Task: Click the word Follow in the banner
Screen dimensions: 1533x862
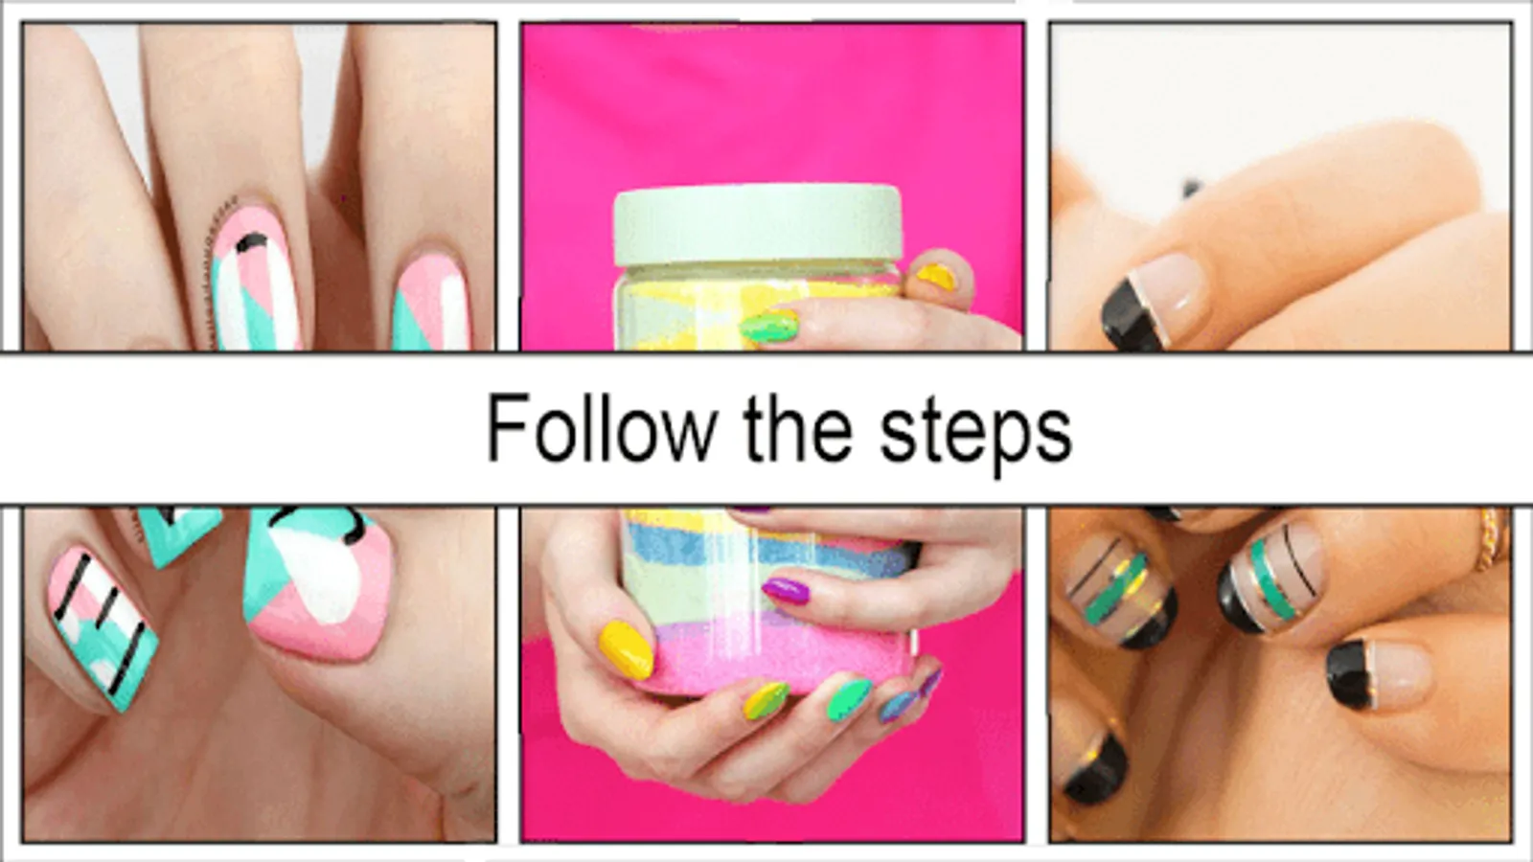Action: click(603, 429)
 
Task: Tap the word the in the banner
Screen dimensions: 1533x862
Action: click(798, 429)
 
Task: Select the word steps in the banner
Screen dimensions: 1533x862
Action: click(976, 434)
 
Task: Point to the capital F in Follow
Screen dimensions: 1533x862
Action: click(507, 427)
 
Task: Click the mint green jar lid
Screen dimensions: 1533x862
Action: click(758, 224)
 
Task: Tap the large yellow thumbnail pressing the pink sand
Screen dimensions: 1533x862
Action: click(626, 649)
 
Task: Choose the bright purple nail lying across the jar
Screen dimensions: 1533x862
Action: click(786, 590)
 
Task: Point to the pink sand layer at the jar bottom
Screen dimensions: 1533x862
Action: click(780, 657)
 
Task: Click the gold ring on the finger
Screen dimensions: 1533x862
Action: click(1489, 539)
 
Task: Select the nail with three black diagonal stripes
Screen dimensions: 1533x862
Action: click(103, 627)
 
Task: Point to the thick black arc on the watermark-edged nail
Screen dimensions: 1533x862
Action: click(251, 240)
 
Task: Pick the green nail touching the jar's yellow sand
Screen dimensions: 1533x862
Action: click(770, 327)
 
